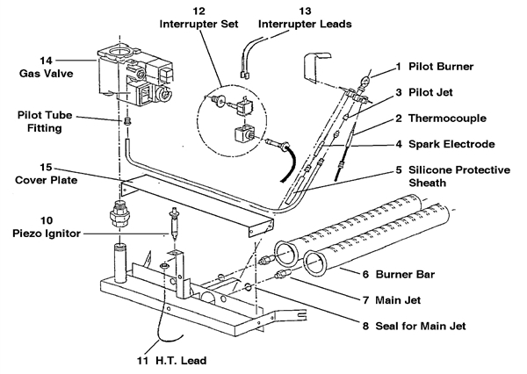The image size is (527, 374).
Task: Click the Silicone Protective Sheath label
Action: coord(465,177)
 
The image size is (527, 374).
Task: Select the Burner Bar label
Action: coord(410,275)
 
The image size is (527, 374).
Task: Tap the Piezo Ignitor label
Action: coord(46,233)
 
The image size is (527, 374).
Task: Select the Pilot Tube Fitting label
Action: coord(40,122)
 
